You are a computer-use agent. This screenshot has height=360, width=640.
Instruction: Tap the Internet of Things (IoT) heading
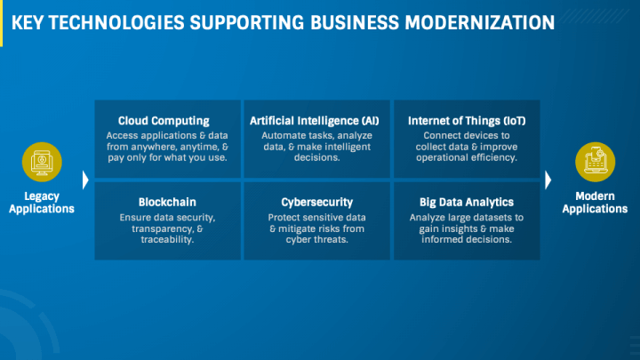466,121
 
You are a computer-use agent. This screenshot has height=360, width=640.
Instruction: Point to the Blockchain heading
167,202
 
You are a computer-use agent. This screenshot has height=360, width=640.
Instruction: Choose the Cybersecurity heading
316,202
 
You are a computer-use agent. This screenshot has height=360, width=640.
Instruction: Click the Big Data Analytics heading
466,202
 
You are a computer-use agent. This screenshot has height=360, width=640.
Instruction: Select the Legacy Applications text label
44,203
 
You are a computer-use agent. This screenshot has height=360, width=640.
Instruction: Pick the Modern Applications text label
596,203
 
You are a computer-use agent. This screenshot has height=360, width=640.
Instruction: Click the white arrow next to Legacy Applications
85,180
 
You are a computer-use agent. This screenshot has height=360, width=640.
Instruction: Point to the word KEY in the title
30,20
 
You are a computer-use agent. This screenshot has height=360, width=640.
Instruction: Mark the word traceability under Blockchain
167,241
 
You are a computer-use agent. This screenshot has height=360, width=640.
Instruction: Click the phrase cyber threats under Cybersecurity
316,241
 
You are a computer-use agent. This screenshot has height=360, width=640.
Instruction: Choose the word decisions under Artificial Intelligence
316,158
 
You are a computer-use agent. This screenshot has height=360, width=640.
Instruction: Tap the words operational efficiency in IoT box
466,158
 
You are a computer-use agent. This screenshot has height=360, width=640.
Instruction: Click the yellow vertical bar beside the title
3,20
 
